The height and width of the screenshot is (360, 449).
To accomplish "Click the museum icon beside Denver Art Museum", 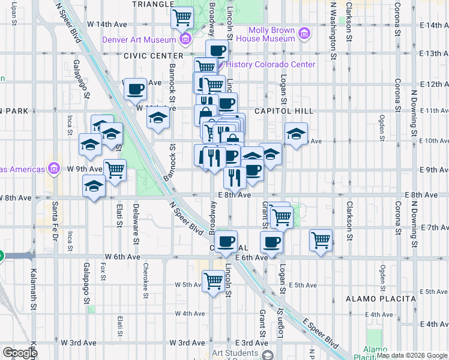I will pos(185,40).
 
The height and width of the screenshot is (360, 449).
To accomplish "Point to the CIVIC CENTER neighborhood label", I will pos(153,56).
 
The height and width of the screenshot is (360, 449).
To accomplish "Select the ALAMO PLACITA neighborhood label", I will pos(381,299).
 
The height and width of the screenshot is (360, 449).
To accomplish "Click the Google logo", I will pos(20,353).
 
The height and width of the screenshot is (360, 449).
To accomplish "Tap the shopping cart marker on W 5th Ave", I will pos(213,280).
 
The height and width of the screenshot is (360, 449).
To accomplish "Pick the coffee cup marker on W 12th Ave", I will pos(135,89).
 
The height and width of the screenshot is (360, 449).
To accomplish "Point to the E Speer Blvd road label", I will pos(320,332).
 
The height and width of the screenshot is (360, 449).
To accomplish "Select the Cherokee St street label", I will pos(146,279).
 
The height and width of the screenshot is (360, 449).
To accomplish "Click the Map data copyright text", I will pos(412,355).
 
